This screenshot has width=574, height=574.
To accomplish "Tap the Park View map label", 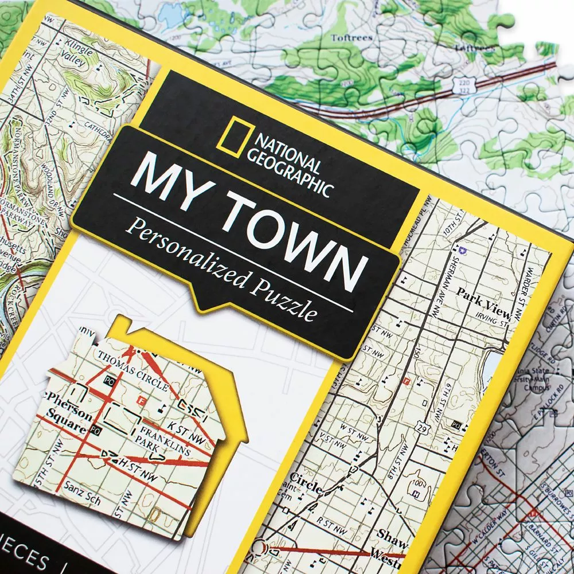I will coord(483,302).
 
